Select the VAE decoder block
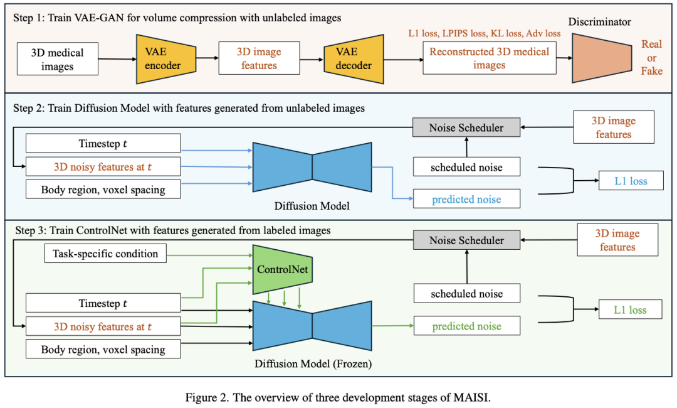tap(354, 59)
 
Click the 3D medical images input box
tap(57, 59)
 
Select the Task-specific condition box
tap(106, 254)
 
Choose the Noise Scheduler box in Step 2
tap(466, 128)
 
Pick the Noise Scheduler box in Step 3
tap(466, 240)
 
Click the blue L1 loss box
tap(630, 181)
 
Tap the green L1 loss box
tap(630, 310)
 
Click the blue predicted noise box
tap(466, 200)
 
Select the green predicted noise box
tap(466, 326)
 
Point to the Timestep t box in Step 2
tap(103, 143)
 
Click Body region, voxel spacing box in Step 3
tap(103, 350)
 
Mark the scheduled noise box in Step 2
tap(466, 167)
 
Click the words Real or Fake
tap(652, 58)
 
